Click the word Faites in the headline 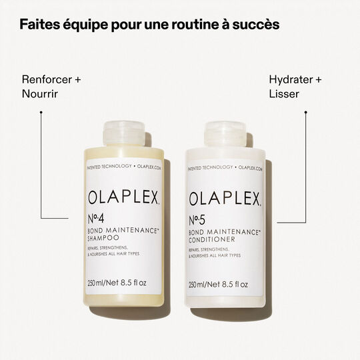pyautogui.click(x=39, y=25)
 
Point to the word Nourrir pyautogui.click(x=40, y=94)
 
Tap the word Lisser pyautogui.click(x=284, y=94)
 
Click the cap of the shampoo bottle pyautogui.click(x=124, y=133)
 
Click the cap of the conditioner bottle pyautogui.click(x=225, y=133)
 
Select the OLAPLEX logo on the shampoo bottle pyautogui.click(x=124, y=198)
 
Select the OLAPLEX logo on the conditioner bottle pyautogui.click(x=225, y=198)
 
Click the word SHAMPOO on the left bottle pyautogui.click(x=107, y=241)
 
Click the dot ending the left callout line pyautogui.click(x=41, y=112)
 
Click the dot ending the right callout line pyautogui.click(x=306, y=112)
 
